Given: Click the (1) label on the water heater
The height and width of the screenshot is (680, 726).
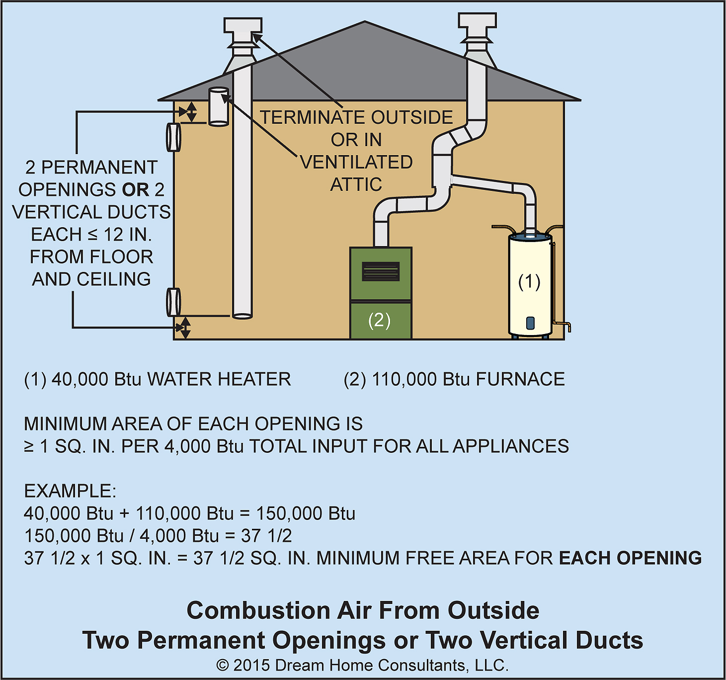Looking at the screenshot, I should tap(529, 282).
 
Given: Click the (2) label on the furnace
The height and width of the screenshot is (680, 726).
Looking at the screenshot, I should tap(379, 320).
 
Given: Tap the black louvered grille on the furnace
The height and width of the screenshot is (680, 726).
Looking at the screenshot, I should tap(381, 271).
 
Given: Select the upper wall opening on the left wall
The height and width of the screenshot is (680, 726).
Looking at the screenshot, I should tap(173, 137).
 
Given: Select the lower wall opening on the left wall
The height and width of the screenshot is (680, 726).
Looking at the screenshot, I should tap(173, 302).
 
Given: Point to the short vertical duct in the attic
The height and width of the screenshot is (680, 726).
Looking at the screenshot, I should tap(219, 106).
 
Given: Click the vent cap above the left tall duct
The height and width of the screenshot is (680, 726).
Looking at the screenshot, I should tap(242, 32).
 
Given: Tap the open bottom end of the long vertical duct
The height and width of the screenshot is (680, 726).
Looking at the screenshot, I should tap(242, 315).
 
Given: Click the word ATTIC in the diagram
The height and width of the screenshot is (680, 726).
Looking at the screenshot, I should tap(356, 184).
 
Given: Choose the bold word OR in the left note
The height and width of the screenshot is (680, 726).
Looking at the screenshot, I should tap(135, 190).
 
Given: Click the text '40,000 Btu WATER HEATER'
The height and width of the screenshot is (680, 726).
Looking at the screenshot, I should tap(171, 379).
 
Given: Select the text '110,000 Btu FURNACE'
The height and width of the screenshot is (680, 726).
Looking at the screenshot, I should tap(468, 379).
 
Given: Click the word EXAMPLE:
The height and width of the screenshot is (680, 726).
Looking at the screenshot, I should tap(70, 491).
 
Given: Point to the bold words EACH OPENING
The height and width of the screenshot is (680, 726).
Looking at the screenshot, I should tap(630, 558).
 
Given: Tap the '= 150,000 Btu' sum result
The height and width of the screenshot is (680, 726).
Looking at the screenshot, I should tap(306, 513).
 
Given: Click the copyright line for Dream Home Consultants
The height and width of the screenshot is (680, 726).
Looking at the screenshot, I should tap(362, 665).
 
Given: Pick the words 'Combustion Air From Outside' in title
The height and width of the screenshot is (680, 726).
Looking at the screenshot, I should tap(363, 610).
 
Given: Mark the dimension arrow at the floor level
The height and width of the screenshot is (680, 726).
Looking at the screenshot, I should tap(184, 328).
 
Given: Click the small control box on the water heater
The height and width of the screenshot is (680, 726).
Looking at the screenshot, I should tap(530, 323).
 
